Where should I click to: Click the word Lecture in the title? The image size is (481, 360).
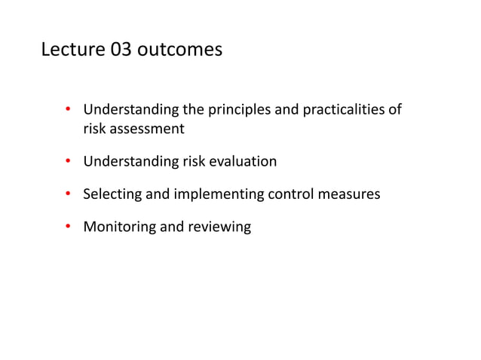[72, 50]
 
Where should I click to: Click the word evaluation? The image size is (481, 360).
[243, 161]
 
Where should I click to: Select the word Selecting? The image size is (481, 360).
[112, 194]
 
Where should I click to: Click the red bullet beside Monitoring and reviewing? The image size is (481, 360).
[67, 226]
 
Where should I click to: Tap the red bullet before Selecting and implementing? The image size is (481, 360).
[67, 194]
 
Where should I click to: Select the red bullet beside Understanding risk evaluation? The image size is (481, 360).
[67, 160]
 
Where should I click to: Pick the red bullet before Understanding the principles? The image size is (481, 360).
[67, 111]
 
